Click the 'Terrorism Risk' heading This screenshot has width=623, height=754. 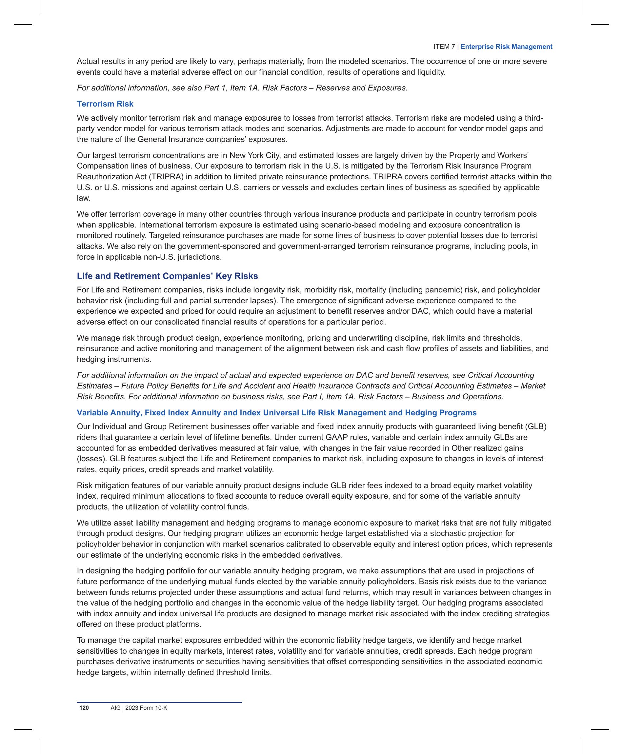(x=105, y=104)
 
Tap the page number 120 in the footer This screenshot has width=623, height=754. (x=84, y=708)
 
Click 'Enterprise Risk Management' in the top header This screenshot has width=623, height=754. (x=506, y=47)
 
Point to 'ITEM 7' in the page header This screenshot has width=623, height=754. (x=444, y=47)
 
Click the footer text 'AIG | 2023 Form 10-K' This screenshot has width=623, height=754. (x=139, y=708)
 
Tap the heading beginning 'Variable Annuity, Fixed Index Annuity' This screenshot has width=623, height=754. (x=276, y=413)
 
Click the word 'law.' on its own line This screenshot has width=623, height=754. (x=84, y=198)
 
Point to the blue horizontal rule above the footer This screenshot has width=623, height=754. (x=159, y=702)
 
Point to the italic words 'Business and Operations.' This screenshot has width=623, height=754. (x=457, y=397)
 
